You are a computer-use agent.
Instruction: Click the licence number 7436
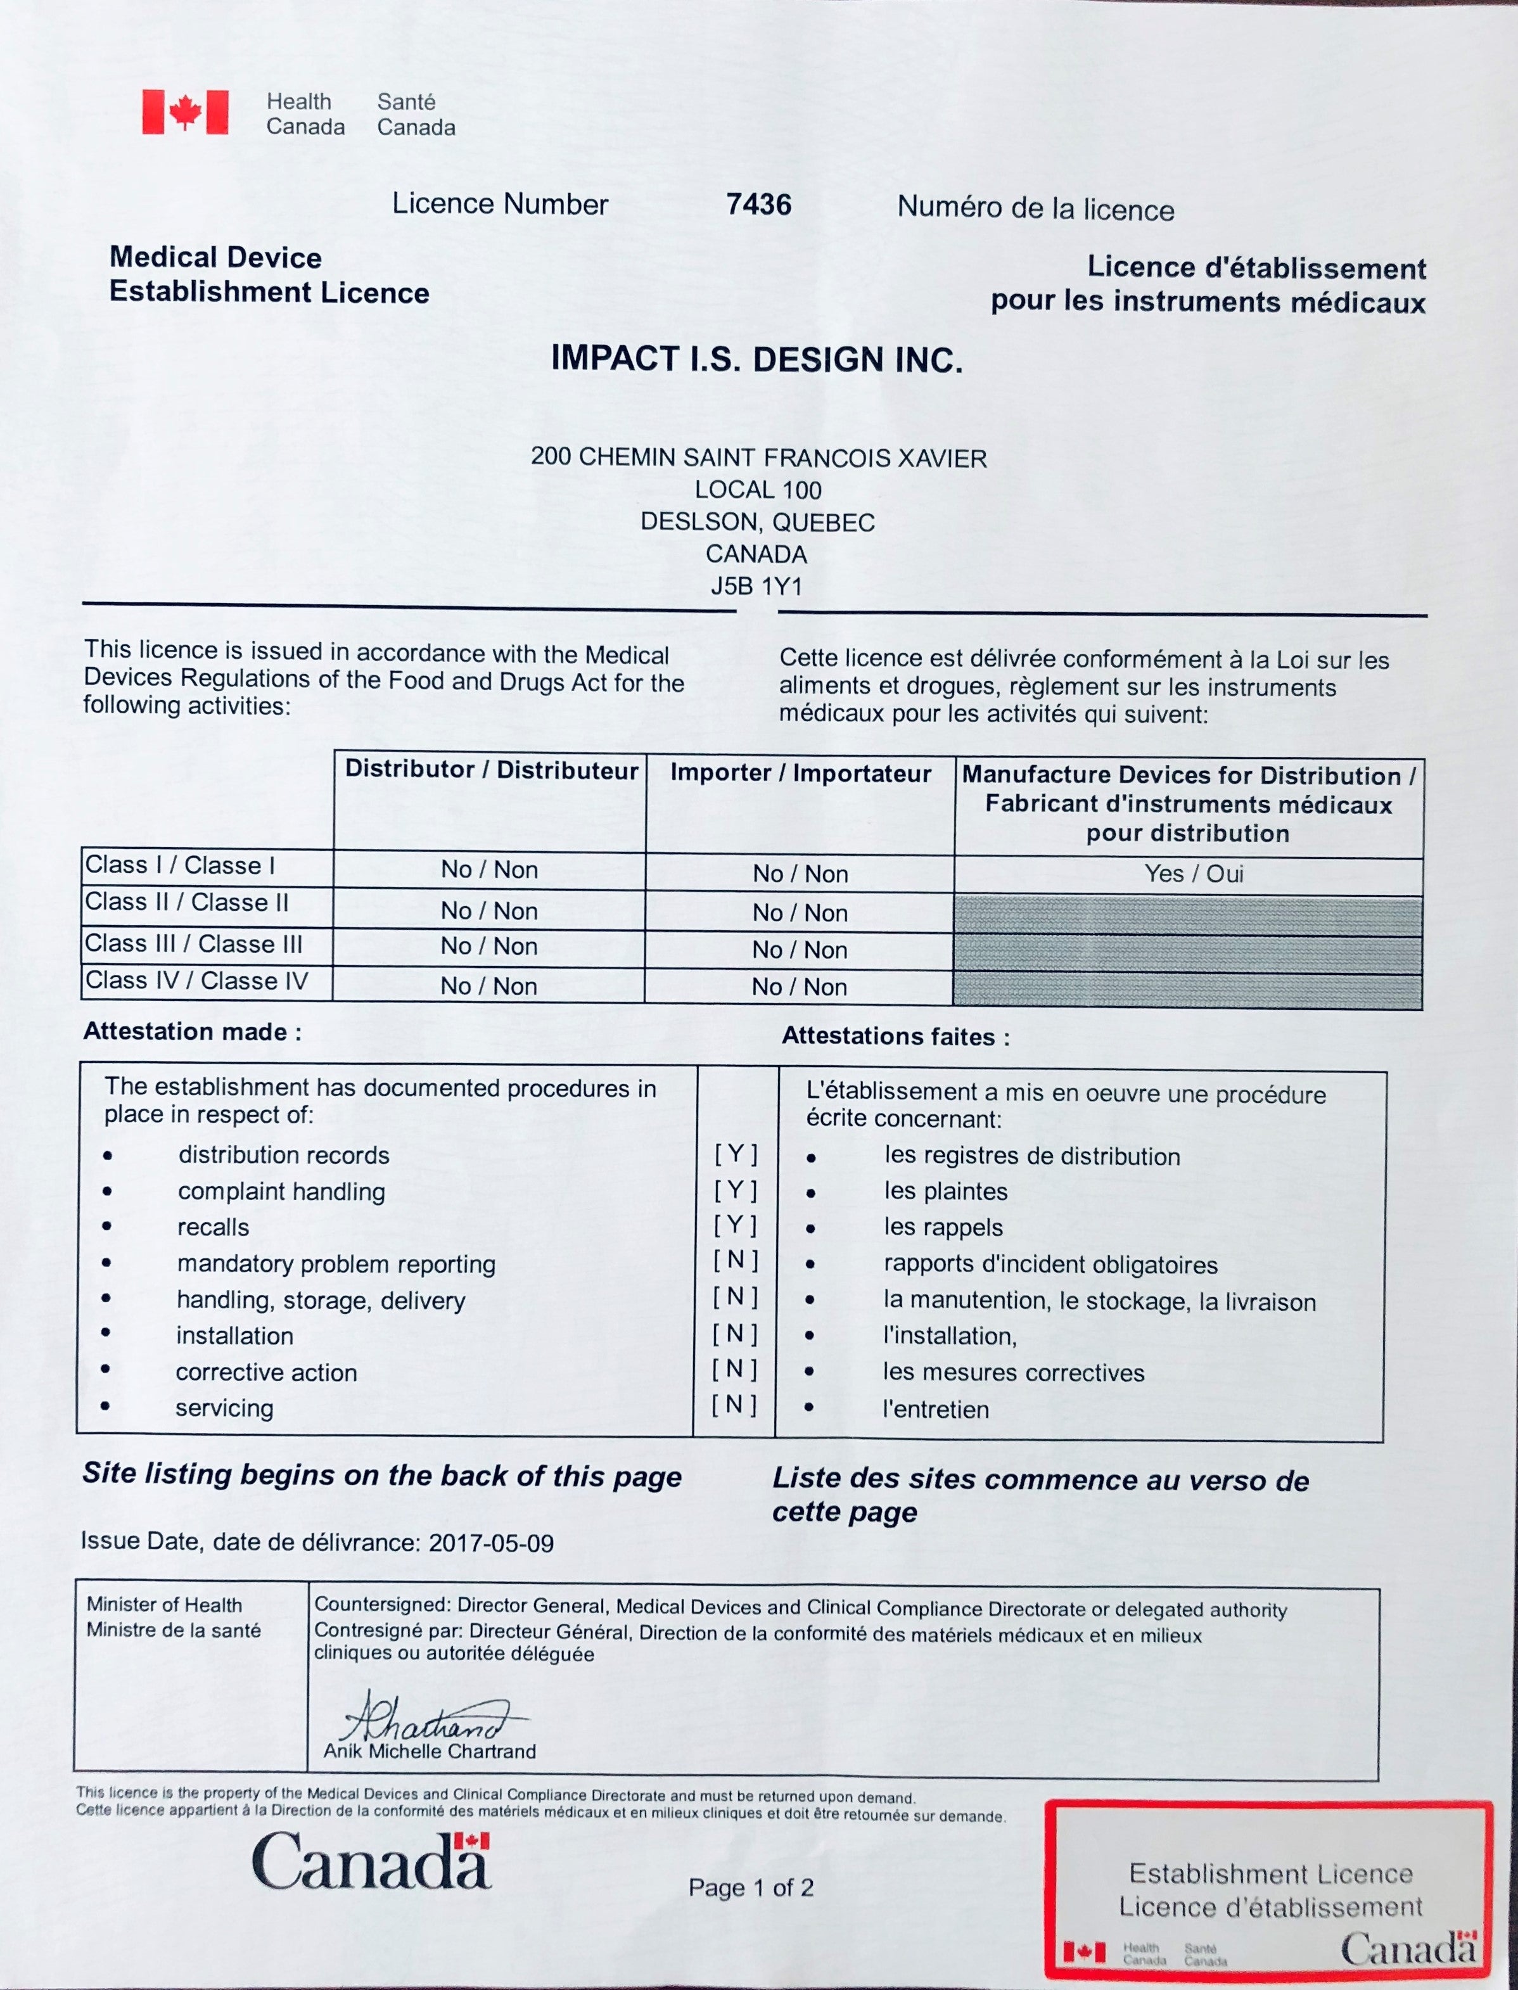coord(758,205)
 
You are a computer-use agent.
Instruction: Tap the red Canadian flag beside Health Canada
coord(185,112)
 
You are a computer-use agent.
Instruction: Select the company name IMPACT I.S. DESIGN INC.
coord(756,359)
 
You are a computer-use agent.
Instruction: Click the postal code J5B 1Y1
coord(756,586)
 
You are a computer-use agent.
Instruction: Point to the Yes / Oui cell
coord(1194,874)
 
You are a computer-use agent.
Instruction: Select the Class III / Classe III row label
coord(193,944)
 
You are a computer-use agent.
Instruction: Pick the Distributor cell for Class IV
coord(489,986)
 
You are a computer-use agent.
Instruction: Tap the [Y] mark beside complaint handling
coord(736,1190)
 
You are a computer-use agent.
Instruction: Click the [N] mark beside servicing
coord(734,1405)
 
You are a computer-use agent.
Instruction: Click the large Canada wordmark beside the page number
coord(371,1863)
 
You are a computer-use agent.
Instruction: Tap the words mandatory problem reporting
coord(336,1264)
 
